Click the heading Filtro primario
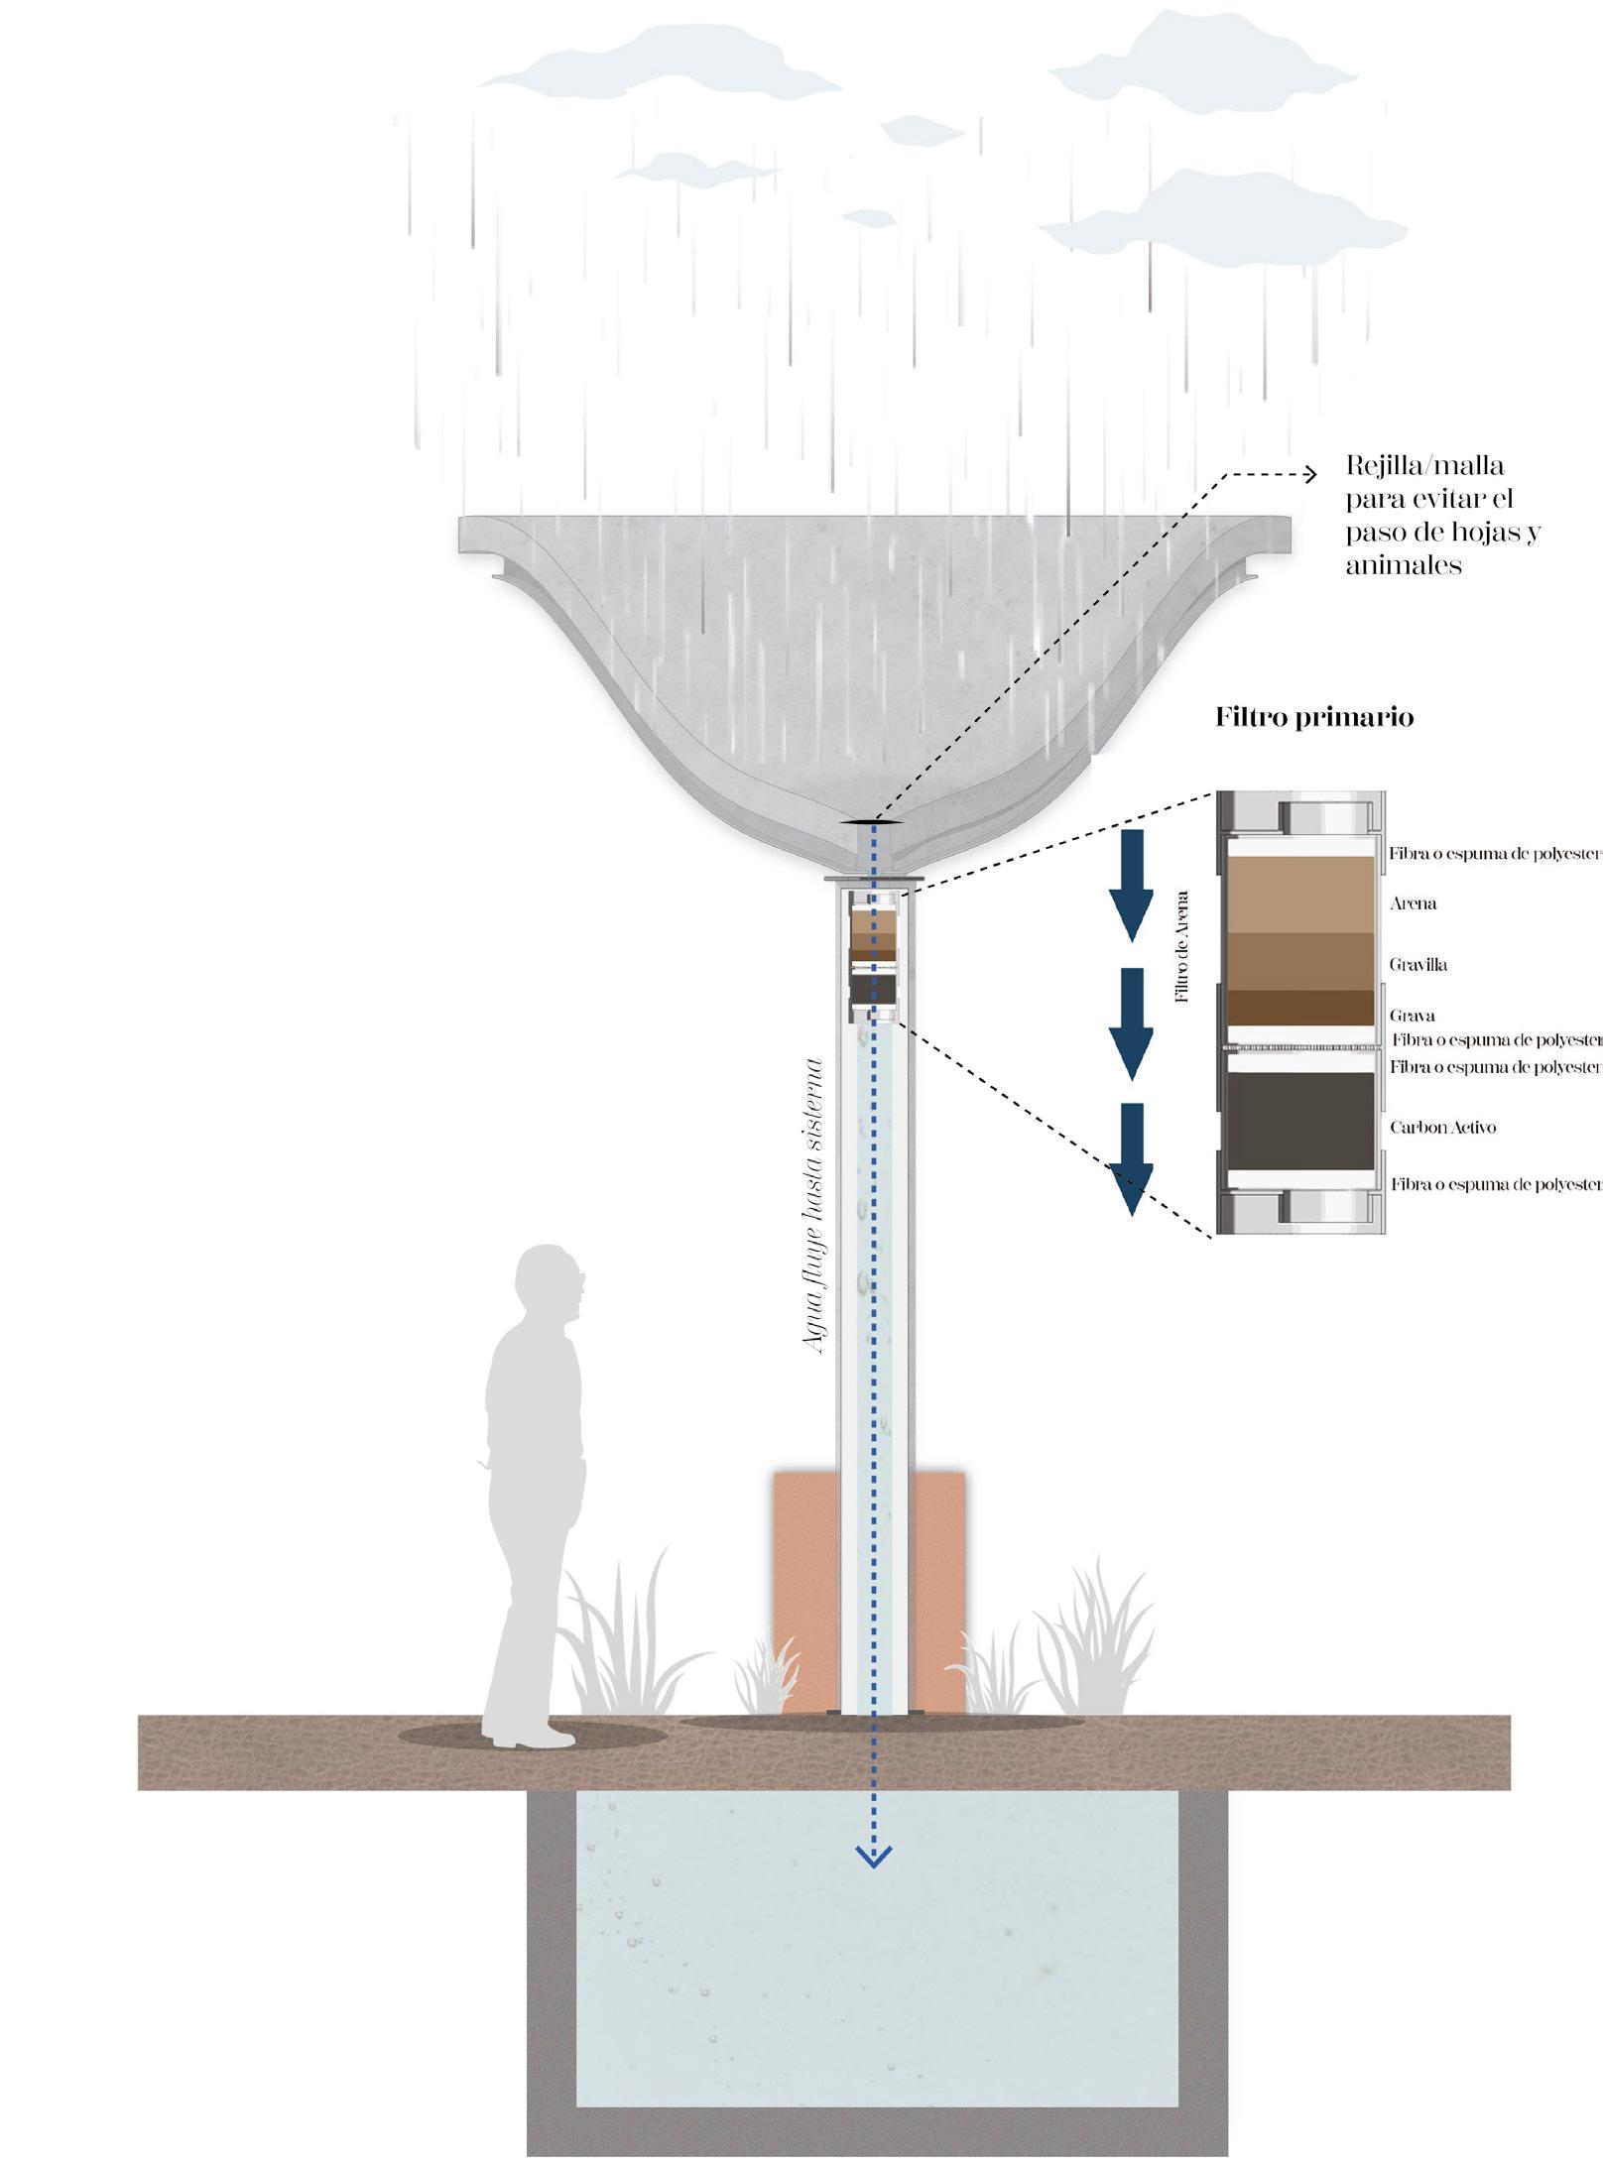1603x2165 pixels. (1313, 718)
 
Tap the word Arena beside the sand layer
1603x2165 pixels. (1413, 903)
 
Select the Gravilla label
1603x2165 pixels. (1418, 964)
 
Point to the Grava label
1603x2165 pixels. (1412, 1016)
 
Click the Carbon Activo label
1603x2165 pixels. (1442, 1128)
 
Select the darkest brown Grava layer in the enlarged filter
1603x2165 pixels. (1300, 1008)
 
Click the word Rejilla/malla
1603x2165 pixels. (1424, 465)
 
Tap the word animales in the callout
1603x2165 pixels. (1404, 566)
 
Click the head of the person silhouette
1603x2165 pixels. (556, 1279)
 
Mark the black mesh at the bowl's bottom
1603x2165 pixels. (873, 822)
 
